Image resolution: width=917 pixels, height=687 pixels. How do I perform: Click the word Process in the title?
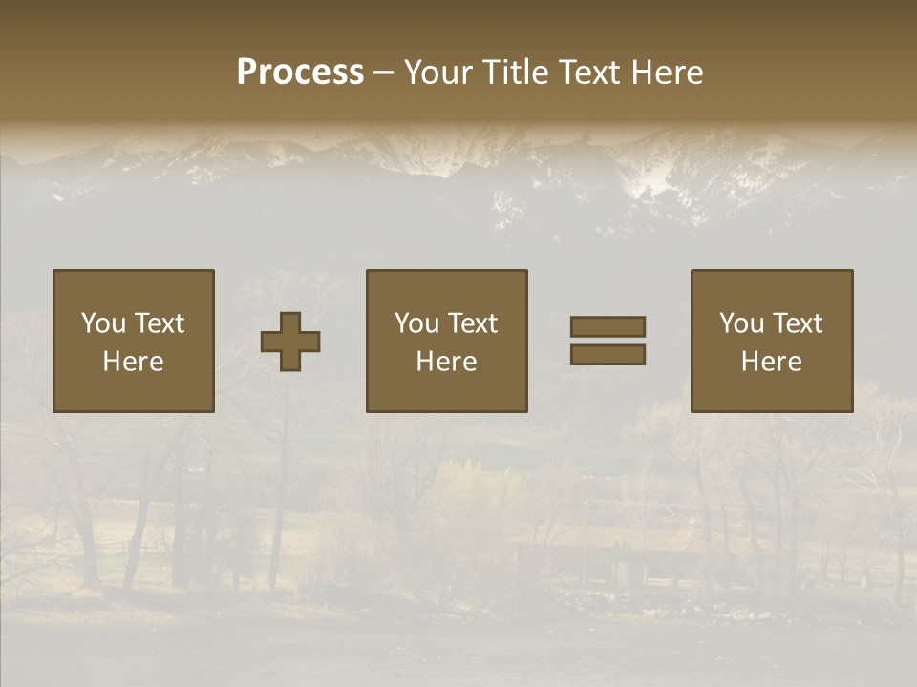pyautogui.click(x=300, y=73)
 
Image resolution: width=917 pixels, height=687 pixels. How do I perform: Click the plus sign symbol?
pyautogui.click(x=290, y=342)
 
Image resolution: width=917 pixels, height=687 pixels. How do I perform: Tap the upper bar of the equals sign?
pyautogui.click(x=608, y=326)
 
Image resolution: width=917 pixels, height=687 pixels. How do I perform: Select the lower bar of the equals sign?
pyautogui.click(x=608, y=354)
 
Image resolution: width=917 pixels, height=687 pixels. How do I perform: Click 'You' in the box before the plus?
pyautogui.click(x=102, y=323)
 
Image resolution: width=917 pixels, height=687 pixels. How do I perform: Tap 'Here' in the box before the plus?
pyautogui.click(x=133, y=362)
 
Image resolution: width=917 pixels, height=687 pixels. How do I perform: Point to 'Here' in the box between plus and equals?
pyautogui.click(x=446, y=362)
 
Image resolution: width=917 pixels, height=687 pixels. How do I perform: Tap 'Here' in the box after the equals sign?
pyautogui.click(x=771, y=362)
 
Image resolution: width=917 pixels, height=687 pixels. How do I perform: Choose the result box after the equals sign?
pyautogui.click(x=772, y=391)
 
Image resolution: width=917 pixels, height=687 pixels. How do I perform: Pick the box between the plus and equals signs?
pyautogui.click(x=447, y=391)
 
